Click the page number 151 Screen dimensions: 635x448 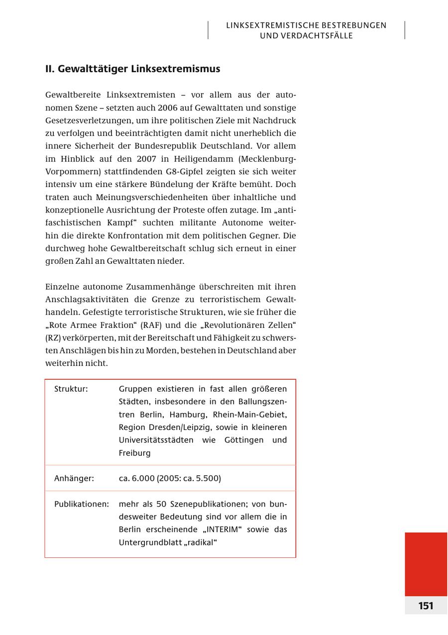(x=426, y=606)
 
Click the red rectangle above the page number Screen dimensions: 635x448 (x=426, y=564)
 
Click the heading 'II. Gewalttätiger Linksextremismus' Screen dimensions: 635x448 (x=132, y=69)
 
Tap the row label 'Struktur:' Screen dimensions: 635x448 (x=71, y=389)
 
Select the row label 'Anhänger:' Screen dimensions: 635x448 (x=74, y=478)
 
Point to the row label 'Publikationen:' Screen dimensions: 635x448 (x=81, y=504)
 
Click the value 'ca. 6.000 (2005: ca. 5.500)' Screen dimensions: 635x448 (x=170, y=478)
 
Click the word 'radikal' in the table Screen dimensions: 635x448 (x=203, y=542)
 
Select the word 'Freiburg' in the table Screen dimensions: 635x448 (x=134, y=453)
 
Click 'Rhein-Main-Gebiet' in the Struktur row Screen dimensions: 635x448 (x=249, y=415)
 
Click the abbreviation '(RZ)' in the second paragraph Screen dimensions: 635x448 (x=53, y=337)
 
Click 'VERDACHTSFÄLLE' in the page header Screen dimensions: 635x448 (x=306, y=36)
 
